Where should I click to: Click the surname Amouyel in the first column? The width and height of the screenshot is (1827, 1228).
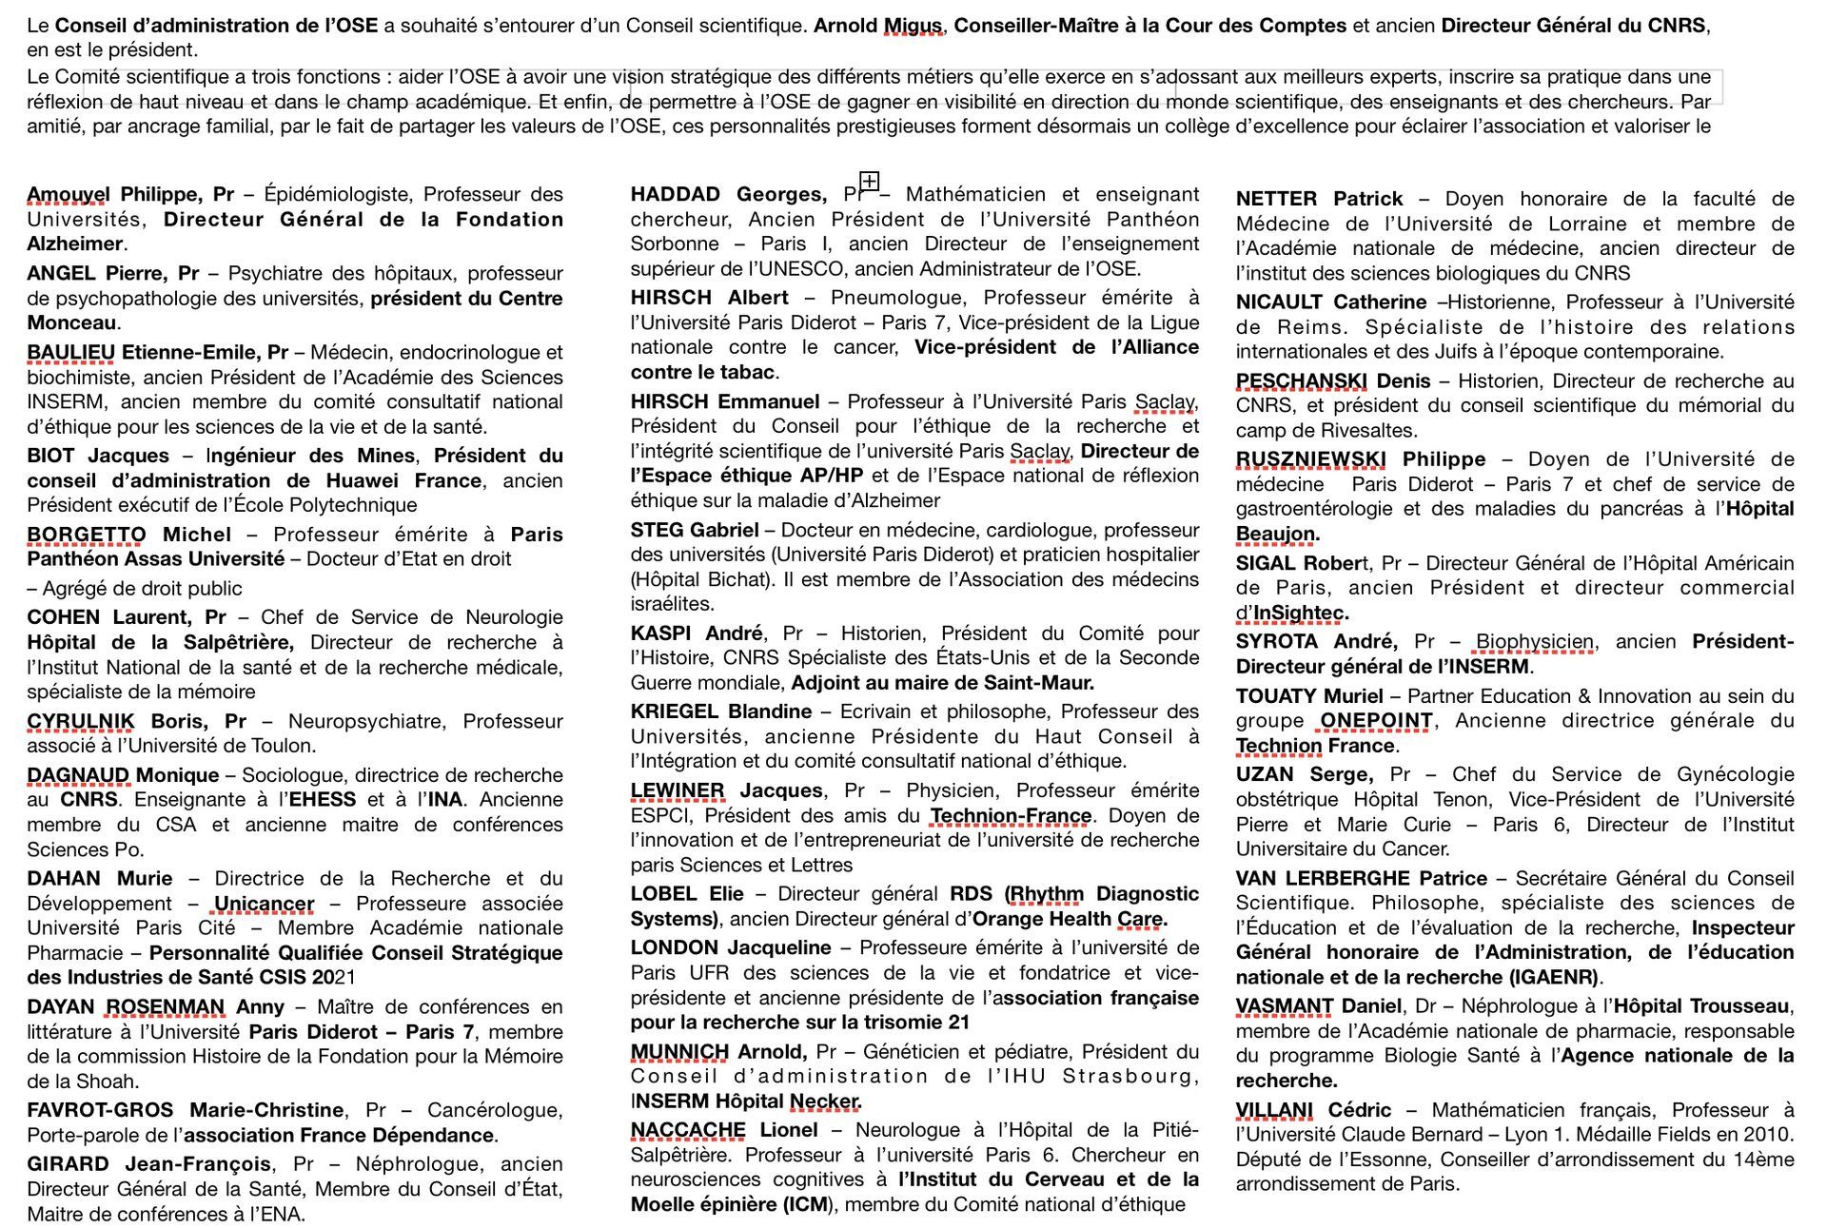click(69, 194)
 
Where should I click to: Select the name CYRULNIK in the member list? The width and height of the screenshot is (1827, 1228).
click(80, 721)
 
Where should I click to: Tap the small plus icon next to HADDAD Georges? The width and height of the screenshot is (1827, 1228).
click(869, 181)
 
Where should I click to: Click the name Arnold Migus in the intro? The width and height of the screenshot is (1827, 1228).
click(877, 26)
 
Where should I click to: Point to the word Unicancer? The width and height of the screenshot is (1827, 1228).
click(264, 904)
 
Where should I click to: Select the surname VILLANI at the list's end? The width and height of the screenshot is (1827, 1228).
click(1274, 1110)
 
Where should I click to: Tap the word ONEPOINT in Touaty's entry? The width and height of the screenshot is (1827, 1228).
click(1376, 721)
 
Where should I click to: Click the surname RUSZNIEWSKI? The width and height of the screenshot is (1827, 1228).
click(1310, 459)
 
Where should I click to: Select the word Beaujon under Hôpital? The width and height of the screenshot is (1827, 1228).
click(1275, 534)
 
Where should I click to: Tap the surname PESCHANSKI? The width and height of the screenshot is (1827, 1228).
click(1299, 381)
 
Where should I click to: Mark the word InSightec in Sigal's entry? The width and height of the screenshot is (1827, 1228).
click(1299, 613)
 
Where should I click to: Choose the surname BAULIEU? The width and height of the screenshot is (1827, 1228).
click(70, 353)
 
